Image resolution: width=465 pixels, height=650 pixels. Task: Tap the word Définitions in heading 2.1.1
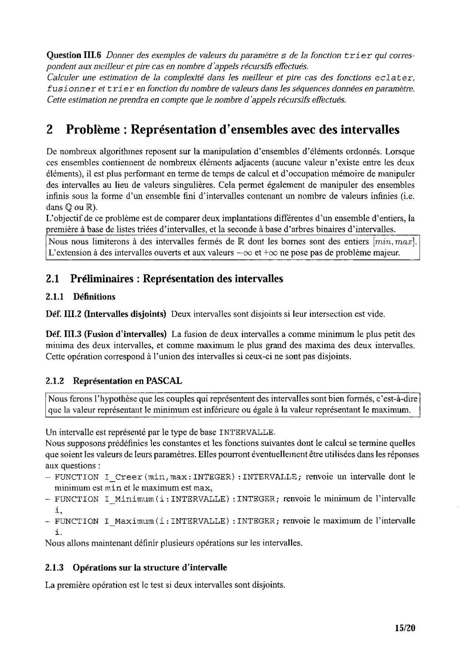pyautogui.click(x=94, y=297)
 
